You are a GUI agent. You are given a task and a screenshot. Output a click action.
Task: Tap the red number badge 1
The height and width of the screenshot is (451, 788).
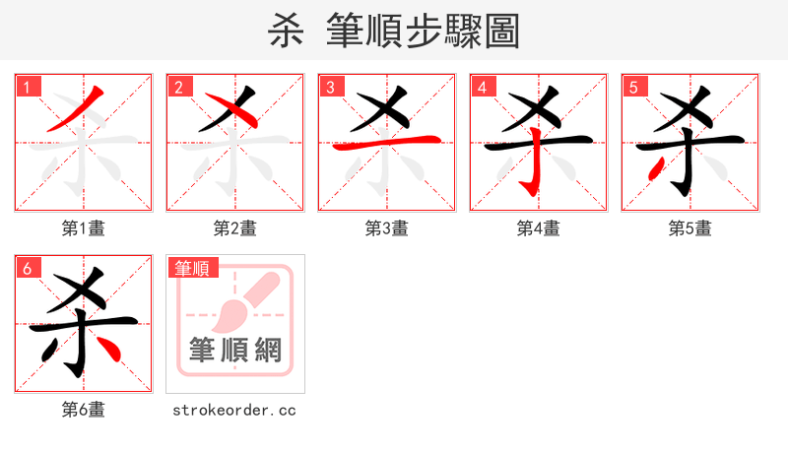tap(28, 87)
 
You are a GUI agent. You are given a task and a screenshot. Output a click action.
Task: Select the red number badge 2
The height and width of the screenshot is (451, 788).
tap(179, 87)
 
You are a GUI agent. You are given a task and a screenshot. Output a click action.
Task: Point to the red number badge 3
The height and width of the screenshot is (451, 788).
tap(331, 87)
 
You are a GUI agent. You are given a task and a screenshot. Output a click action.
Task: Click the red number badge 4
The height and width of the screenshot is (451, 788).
tap(483, 87)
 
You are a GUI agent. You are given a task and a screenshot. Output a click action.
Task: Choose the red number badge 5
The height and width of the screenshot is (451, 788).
tap(634, 87)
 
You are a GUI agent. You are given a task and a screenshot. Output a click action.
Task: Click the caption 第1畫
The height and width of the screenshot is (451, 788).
tap(84, 228)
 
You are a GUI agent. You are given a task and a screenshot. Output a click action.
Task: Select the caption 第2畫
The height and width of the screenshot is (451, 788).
tap(235, 228)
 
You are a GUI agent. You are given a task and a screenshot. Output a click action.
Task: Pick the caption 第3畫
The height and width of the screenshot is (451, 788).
tap(387, 228)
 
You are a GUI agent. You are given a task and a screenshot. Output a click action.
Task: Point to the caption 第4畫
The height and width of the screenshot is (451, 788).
tap(539, 228)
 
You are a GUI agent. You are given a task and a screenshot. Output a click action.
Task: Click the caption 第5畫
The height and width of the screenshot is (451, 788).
tap(690, 228)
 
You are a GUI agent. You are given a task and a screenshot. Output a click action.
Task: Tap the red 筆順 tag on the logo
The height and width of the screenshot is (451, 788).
tap(193, 267)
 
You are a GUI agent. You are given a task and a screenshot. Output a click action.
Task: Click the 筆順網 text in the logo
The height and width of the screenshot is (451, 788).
tap(234, 350)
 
